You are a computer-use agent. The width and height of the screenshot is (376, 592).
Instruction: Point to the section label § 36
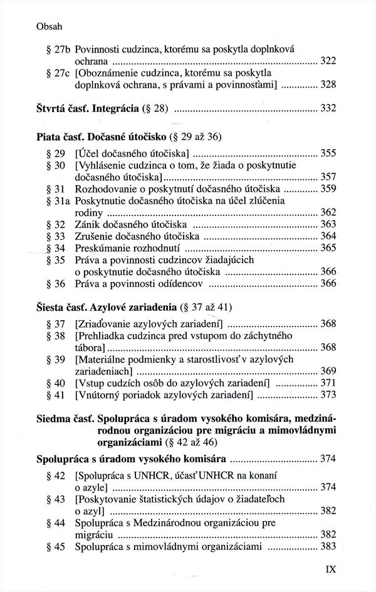pyautogui.click(x=56, y=284)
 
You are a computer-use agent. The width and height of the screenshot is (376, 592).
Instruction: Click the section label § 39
pyautogui.click(x=56, y=359)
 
